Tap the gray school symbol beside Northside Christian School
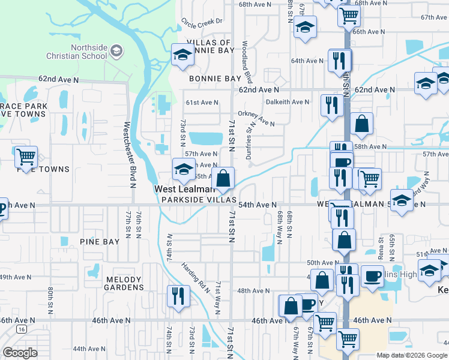point(116,52)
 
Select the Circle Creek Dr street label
point(202,22)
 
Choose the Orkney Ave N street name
point(256,118)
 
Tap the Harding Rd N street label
point(196,277)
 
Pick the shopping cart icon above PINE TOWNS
point(26,157)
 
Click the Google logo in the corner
point(19,353)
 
